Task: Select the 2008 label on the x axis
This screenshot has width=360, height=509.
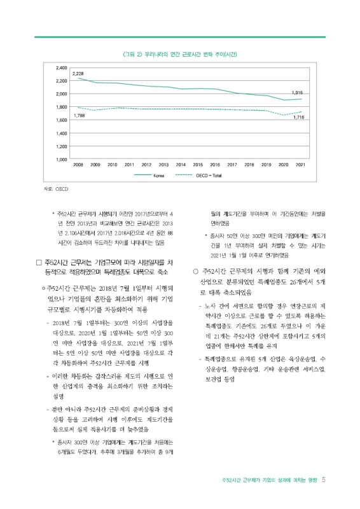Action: click(78, 164)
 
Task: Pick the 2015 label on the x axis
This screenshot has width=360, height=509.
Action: click(198, 164)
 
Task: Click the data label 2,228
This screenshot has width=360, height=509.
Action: click(78, 74)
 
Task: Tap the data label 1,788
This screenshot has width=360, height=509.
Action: click(79, 116)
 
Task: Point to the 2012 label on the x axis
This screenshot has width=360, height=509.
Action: click(147, 164)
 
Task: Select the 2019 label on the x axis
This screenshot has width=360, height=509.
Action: click(267, 164)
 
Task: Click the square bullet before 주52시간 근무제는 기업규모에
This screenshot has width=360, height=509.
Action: click(39, 262)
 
